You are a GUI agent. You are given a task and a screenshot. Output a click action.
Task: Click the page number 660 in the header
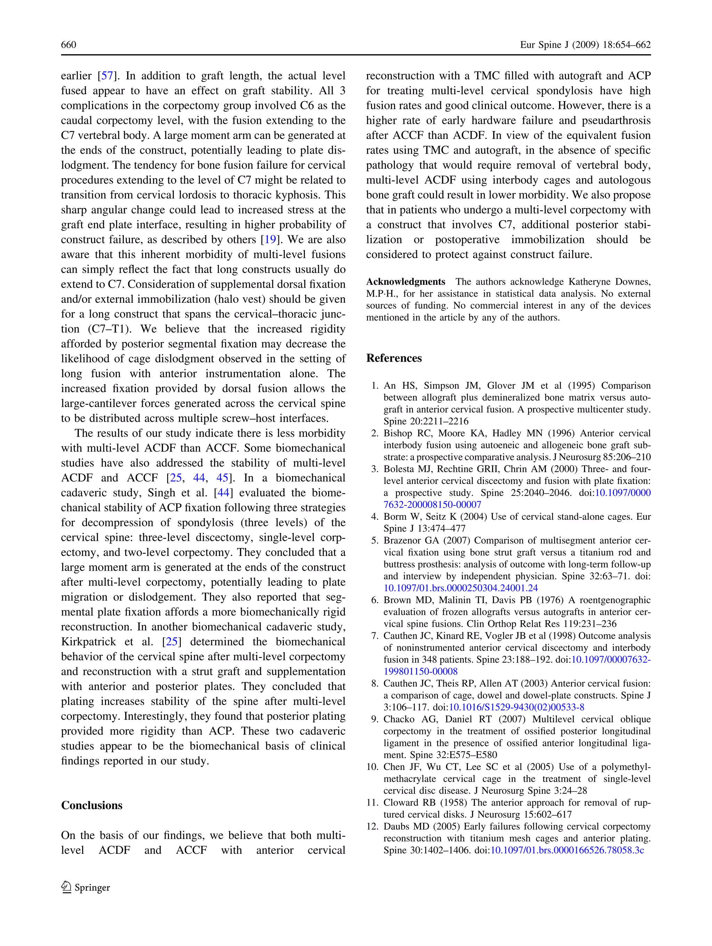pos(68,45)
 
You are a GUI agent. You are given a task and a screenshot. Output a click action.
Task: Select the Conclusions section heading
pos(91,805)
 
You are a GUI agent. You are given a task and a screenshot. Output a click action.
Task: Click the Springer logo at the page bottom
pos(86,887)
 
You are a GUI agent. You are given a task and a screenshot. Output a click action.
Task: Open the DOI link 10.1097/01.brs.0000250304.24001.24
pos(461,588)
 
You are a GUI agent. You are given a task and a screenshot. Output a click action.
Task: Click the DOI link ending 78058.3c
pos(567,850)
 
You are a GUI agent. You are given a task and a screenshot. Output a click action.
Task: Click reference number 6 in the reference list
pos(375,600)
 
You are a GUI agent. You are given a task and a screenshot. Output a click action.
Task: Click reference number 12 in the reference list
pos(372,826)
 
